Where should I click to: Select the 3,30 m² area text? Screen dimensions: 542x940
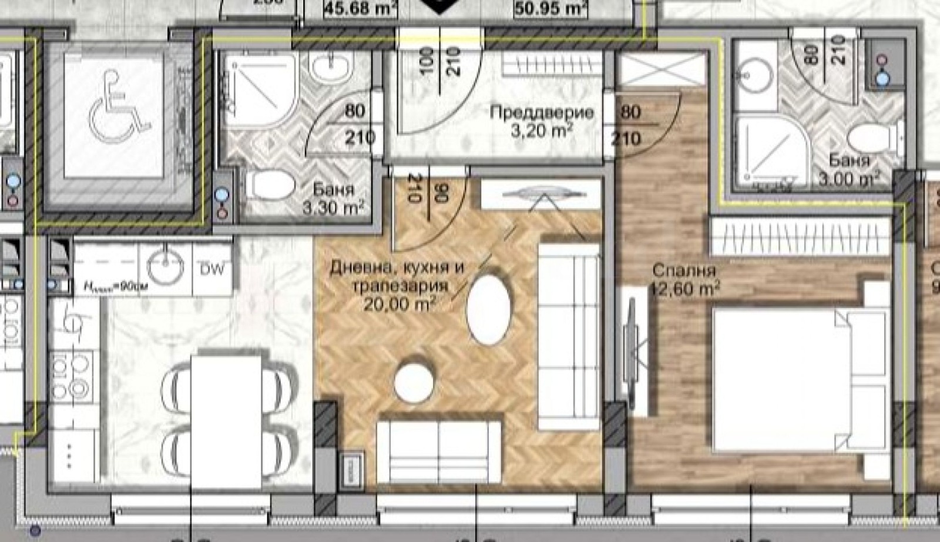tap(333, 207)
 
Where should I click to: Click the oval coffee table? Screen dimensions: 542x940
tap(488, 309)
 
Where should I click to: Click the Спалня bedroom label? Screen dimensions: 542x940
tap(684, 271)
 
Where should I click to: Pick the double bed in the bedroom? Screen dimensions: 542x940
tap(799, 382)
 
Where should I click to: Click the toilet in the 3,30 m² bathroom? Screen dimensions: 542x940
tap(270, 185)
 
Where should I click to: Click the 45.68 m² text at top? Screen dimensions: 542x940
tap(361, 8)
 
